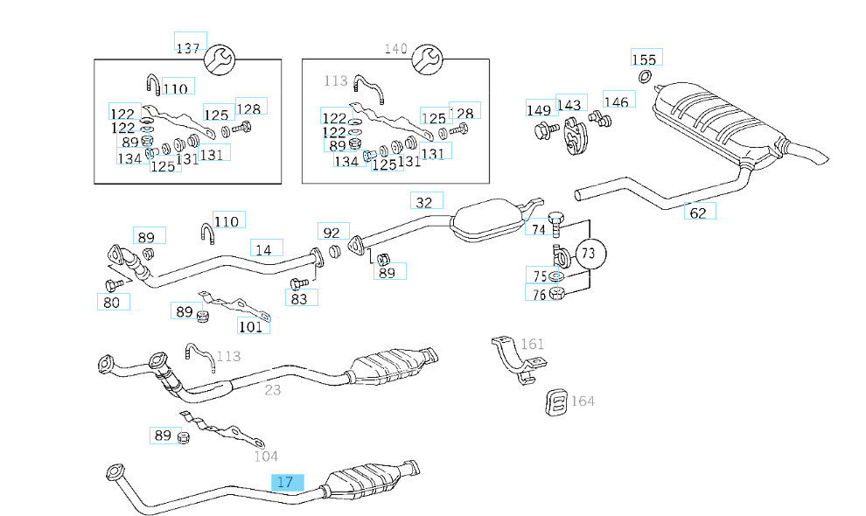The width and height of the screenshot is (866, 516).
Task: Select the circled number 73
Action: [x=589, y=254]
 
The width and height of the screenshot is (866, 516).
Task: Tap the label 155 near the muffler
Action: [x=644, y=59]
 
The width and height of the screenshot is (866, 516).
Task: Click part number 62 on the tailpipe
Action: [x=698, y=212]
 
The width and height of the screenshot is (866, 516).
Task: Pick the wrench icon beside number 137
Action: [x=219, y=59]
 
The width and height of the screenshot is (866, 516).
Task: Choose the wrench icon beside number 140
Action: [x=426, y=59]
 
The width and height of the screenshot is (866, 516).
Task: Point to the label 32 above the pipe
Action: [x=425, y=202]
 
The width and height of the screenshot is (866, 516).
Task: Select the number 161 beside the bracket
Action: [x=533, y=344]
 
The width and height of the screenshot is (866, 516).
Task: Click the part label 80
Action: [x=112, y=303]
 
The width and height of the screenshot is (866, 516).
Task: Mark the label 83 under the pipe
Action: [x=300, y=298]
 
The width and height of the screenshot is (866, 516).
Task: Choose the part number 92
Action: [x=332, y=233]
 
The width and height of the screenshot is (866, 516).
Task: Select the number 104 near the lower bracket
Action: [x=266, y=456]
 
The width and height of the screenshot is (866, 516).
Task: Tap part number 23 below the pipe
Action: [x=273, y=389]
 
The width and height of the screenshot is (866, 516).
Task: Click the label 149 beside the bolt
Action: [x=539, y=109]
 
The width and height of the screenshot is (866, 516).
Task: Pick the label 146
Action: [x=616, y=102]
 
